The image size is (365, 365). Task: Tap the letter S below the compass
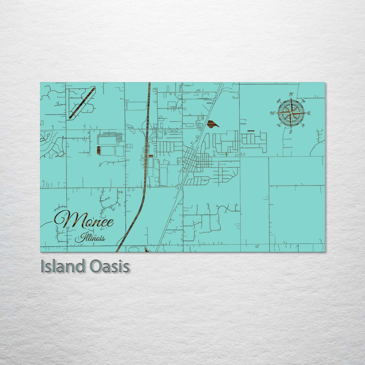coord(291,132)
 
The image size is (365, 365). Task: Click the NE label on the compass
coord(304,101)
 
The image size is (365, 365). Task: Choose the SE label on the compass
coord(303,125)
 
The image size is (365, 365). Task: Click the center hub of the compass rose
coord(291,113)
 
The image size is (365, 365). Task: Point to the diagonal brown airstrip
coord(82,103)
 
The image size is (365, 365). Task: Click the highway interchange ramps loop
coord(147,129)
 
